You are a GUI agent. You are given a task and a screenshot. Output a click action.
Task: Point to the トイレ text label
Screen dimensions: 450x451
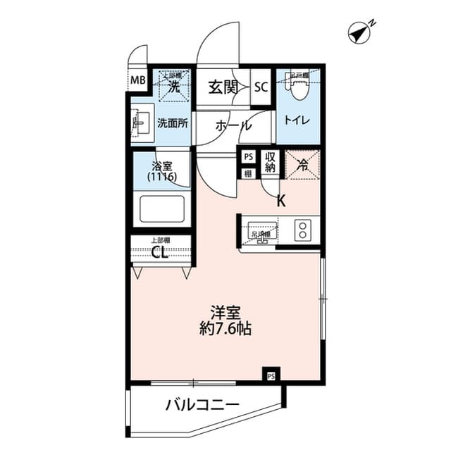pyautogui.click(x=297, y=120)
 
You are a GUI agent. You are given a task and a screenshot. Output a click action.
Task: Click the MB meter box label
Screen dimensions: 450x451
pyautogui.click(x=137, y=80)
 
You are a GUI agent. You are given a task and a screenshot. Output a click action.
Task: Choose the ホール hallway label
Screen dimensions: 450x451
pyautogui.click(x=233, y=125)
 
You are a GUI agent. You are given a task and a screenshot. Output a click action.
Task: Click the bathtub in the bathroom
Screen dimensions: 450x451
pyautogui.click(x=162, y=209)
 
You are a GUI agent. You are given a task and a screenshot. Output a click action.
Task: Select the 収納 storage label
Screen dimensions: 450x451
pyautogui.click(x=270, y=163)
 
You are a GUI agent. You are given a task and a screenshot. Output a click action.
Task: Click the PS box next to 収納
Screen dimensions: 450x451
pyautogui.click(x=248, y=158)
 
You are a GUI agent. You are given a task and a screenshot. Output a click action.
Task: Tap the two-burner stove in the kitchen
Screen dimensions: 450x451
pyautogui.click(x=303, y=230)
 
